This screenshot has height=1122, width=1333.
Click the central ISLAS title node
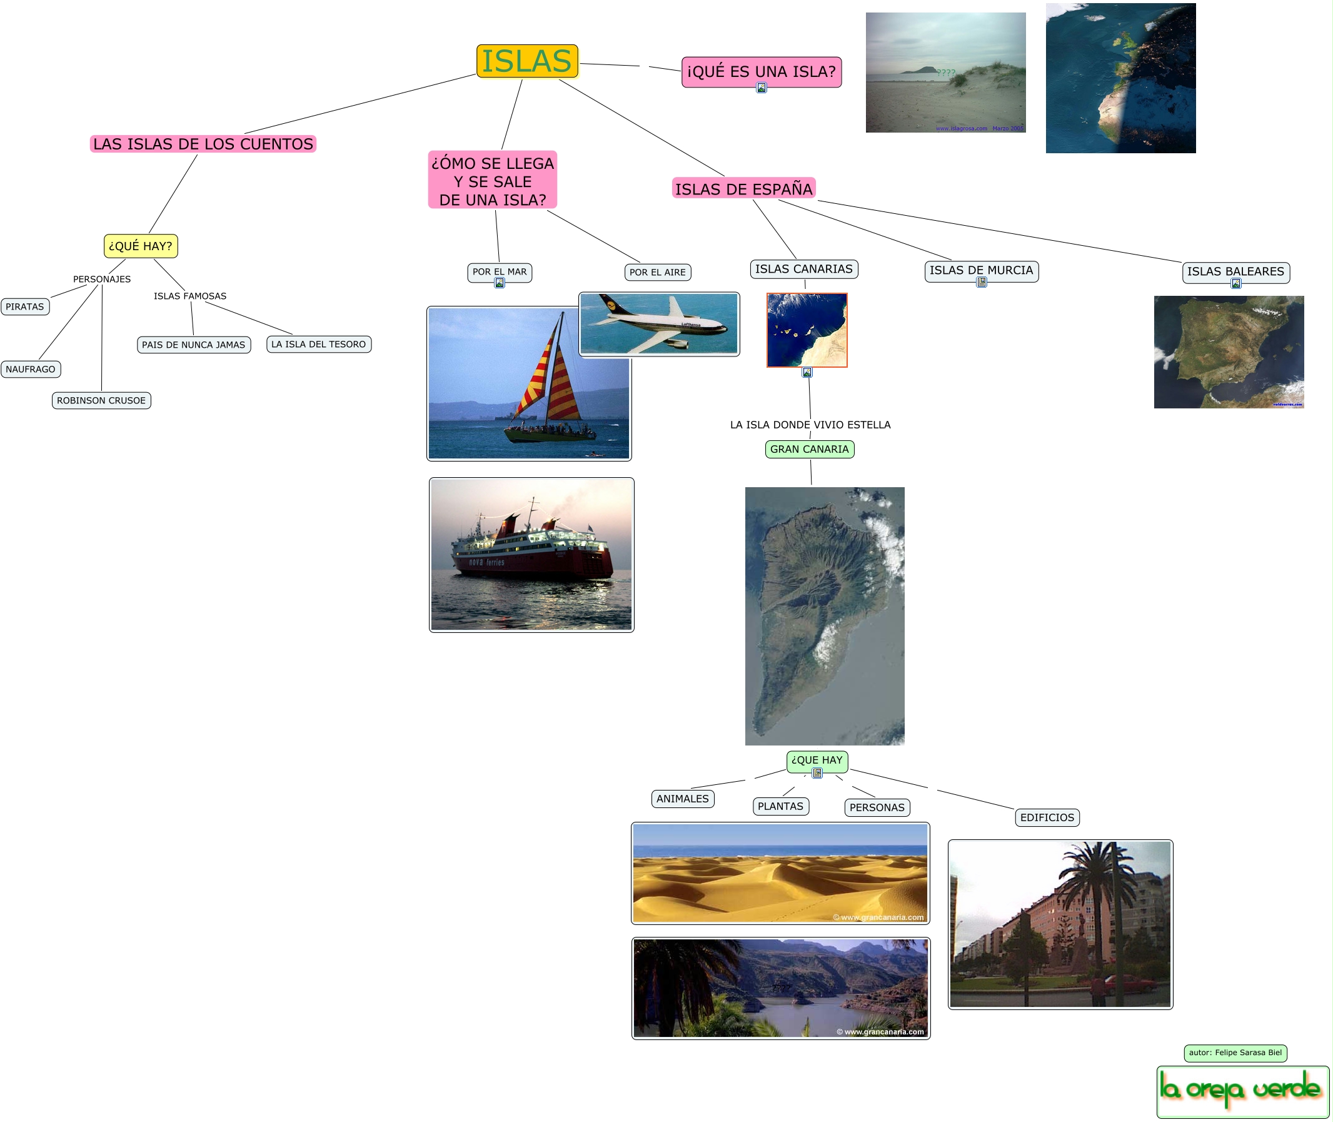tap(526, 61)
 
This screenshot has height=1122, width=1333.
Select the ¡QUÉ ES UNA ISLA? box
tap(761, 71)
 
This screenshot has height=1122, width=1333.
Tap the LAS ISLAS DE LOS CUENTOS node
tap(203, 144)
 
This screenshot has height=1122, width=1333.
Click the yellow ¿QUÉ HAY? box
tap(141, 246)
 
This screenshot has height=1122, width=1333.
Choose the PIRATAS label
tap(25, 306)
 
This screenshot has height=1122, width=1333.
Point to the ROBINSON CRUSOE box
tap(101, 400)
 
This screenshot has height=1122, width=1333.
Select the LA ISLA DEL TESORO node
tap(318, 344)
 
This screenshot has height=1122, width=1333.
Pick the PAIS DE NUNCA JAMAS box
tap(193, 345)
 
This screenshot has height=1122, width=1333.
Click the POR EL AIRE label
tap(657, 272)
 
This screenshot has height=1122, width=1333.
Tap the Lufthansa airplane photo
tap(659, 324)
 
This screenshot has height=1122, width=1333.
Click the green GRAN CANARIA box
tap(809, 449)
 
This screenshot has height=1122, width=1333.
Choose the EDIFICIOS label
tap(1047, 817)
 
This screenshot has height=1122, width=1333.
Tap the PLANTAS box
tap(780, 806)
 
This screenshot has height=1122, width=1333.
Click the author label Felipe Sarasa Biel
tap(1235, 1053)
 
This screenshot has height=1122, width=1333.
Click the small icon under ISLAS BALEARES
tap(1235, 284)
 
